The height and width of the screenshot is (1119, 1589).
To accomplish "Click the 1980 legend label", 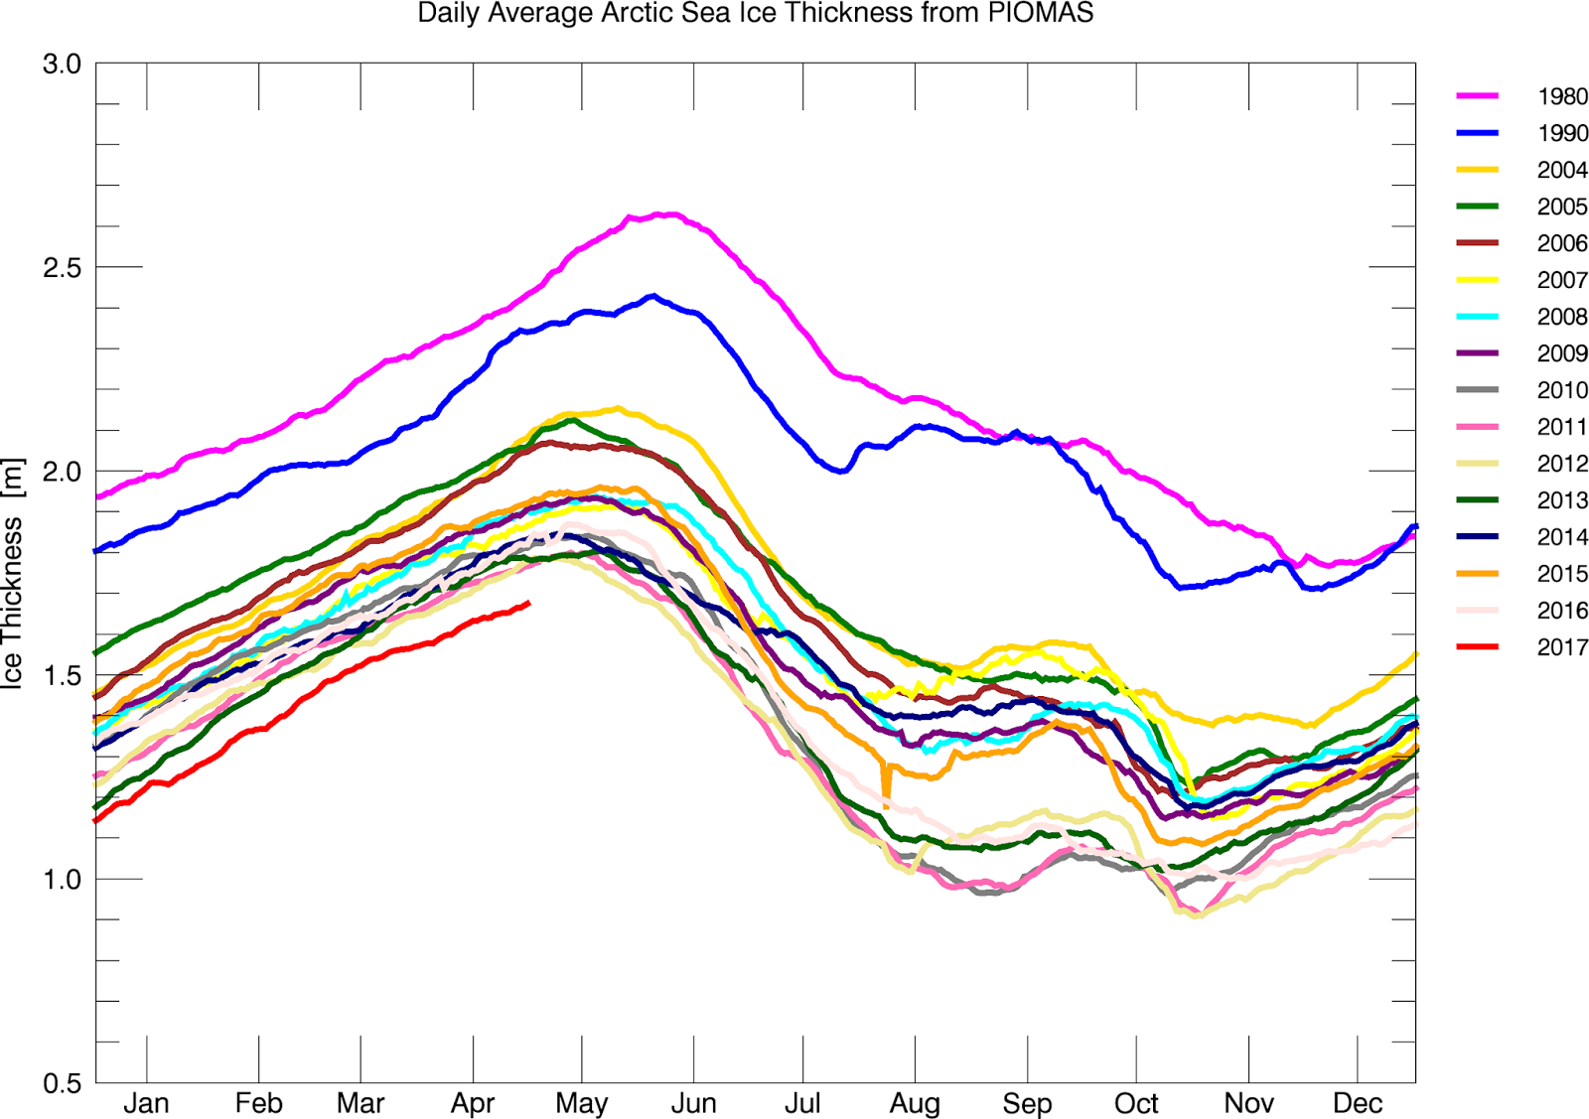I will (1562, 96).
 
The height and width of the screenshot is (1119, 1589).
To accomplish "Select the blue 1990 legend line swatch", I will (1477, 133).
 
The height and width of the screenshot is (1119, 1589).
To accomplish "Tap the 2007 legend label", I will (1562, 280).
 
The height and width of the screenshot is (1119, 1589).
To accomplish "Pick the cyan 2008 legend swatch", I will (1477, 317).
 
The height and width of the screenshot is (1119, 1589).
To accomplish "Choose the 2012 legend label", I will (1562, 464).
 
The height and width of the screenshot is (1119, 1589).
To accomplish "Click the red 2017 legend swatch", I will (1477, 647).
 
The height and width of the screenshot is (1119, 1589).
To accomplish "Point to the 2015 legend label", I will (1562, 574).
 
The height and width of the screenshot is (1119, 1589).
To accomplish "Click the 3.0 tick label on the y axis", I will (62, 65).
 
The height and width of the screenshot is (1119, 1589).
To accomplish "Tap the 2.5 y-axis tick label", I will (62, 268).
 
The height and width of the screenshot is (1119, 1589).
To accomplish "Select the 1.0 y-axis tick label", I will (62, 880).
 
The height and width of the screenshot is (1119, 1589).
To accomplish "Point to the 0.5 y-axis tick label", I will (62, 1083).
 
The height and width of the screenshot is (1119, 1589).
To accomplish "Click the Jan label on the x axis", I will (146, 1103).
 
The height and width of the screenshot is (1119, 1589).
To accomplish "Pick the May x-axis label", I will (581, 1103).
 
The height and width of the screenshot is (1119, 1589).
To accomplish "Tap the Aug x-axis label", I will (914, 1103).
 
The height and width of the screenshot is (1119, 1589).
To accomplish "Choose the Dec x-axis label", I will (1357, 1103).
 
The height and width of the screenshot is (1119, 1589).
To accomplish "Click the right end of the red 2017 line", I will (528, 603).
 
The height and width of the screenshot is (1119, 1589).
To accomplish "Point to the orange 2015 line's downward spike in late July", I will (886, 791).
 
